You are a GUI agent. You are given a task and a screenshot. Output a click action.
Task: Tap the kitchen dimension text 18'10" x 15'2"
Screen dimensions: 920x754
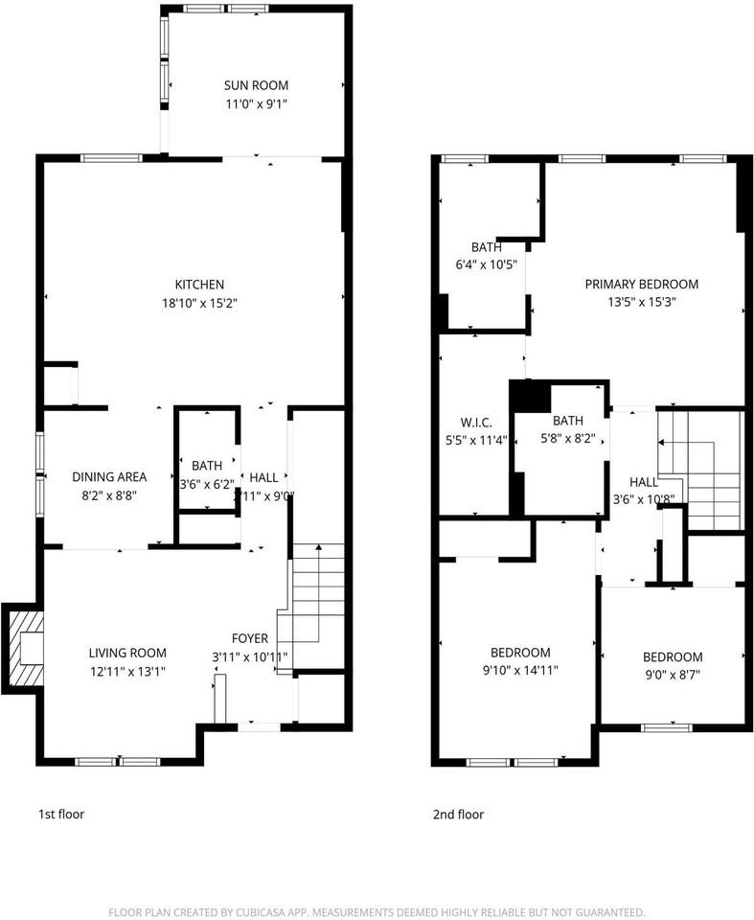point(199,304)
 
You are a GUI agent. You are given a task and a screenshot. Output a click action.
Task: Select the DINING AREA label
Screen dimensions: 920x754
point(109,476)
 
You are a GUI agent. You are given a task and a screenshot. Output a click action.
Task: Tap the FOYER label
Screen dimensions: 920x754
point(250,638)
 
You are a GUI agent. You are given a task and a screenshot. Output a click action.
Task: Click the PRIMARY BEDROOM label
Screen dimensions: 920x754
point(641,284)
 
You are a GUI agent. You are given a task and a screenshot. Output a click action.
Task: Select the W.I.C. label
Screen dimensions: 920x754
point(475,422)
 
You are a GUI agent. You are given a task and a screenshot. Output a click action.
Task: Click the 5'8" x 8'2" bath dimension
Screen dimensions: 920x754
point(568,440)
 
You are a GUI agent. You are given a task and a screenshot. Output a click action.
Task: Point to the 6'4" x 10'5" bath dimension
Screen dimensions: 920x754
point(486,265)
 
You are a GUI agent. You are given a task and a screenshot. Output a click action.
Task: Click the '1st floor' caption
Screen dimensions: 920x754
point(61,815)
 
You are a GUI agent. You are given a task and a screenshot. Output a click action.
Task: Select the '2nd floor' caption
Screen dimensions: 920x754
point(458,815)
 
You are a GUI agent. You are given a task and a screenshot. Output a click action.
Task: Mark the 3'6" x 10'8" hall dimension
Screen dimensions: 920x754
point(644,498)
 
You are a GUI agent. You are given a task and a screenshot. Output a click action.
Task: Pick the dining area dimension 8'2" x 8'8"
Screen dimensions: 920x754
point(109,495)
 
